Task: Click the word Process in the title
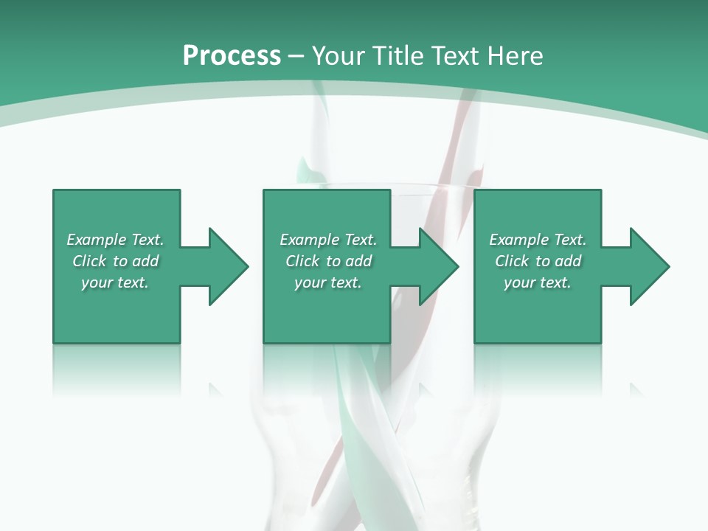pos(232,56)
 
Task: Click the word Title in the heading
pos(398,56)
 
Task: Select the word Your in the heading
pos(341,56)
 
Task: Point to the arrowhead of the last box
pos(648,266)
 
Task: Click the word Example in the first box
pos(96,240)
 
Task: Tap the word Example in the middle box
pos(309,240)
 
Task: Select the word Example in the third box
pos(518,240)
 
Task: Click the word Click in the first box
pos(89,261)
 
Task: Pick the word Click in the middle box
pos(302,261)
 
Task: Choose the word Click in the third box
pos(512,261)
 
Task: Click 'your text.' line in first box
pos(115,282)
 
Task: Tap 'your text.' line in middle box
pos(328,282)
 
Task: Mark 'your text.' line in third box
pos(538,282)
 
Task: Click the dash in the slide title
pos(296,57)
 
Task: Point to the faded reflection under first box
pos(117,369)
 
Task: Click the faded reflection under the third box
pos(538,369)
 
